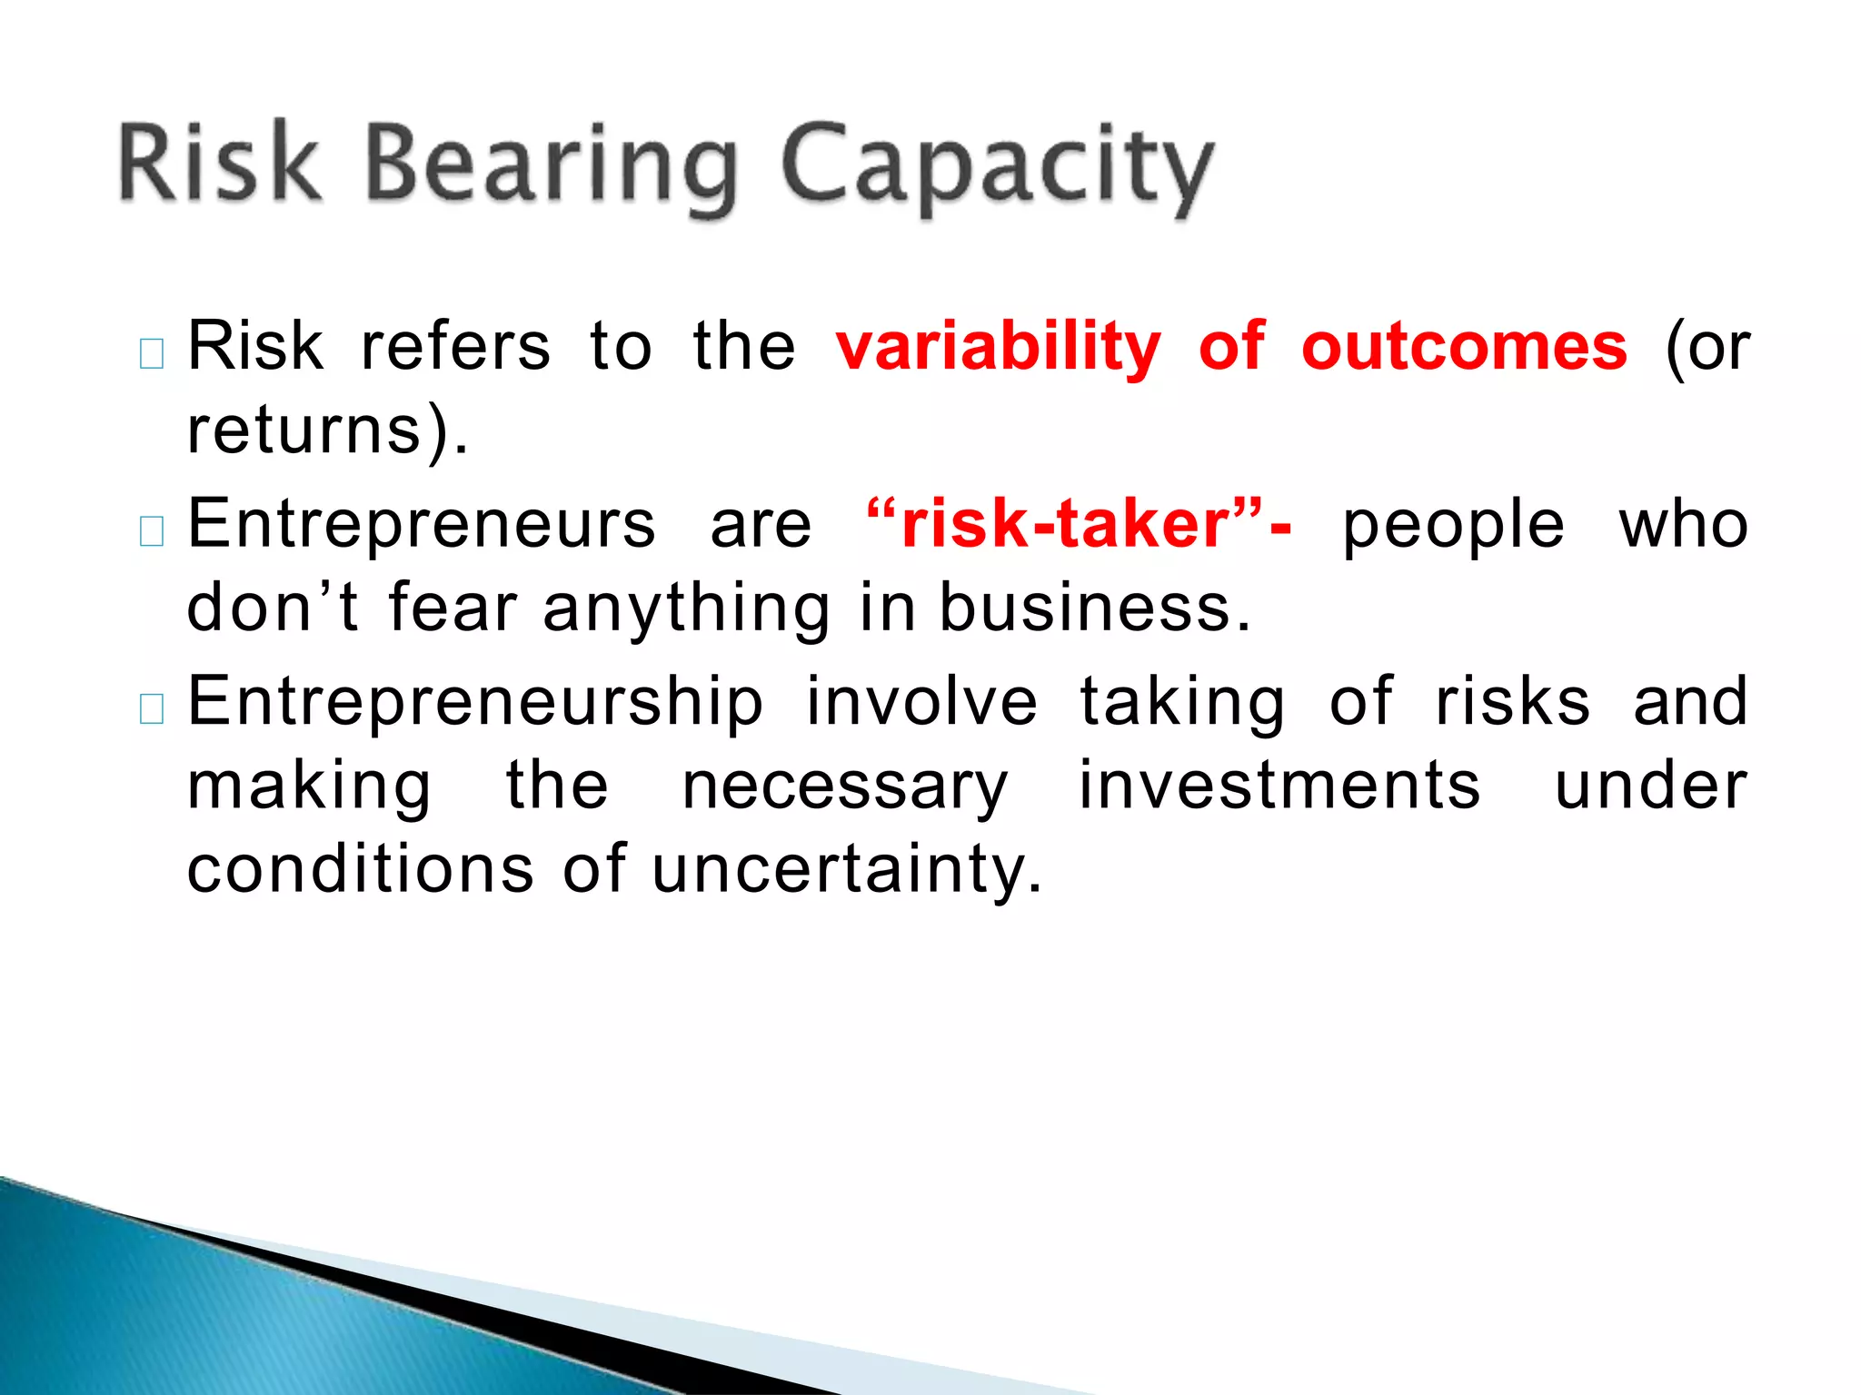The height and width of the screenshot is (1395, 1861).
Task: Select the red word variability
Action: [998, 347]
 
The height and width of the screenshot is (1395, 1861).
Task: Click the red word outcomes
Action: [1464, 347]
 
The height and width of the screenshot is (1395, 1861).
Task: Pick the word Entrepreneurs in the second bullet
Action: [421, 525]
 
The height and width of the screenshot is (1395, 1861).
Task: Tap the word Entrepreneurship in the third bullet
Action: [475, 702]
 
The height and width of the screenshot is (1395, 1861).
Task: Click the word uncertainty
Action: [846, 869]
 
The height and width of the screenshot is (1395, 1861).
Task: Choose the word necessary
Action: [845, 787]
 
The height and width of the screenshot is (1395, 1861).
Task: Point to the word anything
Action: [686, 608]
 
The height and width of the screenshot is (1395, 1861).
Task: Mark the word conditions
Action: [361, 869]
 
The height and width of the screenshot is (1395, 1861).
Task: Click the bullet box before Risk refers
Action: [152, 353]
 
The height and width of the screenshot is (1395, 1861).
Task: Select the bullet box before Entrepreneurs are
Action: [152, 531]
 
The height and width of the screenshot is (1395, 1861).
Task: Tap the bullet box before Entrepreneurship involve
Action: [152, 708]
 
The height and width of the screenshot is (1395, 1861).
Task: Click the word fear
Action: [453, 608]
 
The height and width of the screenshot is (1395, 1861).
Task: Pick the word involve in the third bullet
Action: [921, 702]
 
